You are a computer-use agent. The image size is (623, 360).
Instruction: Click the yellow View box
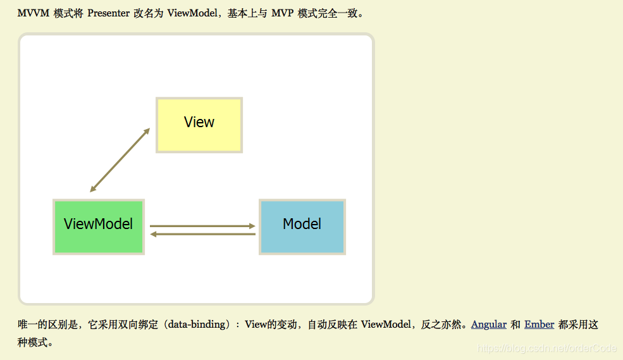pyautogui.click(x=199, y=125)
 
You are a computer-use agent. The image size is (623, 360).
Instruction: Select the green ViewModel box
pyautogui.click(x=99, y=227)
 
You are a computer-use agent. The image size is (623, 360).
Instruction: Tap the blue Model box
pyautogui.click(x=302, y=227)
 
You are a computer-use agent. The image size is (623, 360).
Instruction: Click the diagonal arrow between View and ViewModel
pyautogui.click(x=120, y=159)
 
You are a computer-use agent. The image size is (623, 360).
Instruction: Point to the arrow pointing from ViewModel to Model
pyautogui.click(x=202, y=226)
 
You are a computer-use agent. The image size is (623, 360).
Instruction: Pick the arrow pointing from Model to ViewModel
pyautogui.click(x=202, y=235)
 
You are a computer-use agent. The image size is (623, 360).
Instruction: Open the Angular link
pyautogui.click(x=488, y=325)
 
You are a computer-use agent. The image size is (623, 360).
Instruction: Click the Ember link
pyautogui.click(x=539, y=325)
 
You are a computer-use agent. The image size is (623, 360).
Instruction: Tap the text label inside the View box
pyautogui.click(x=199, y=122)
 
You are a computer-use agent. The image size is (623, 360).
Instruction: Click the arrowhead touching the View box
pyautogui.click(x=147, y=131)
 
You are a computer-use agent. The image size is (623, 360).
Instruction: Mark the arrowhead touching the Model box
pyautogui.click(x=252, y=226)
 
